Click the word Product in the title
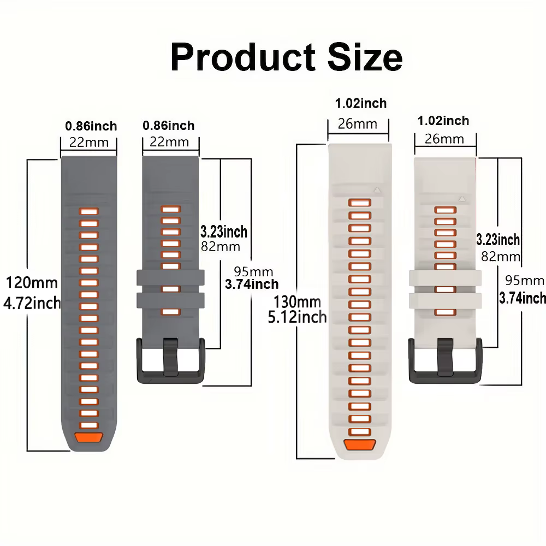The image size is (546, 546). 243,57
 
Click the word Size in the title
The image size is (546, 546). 365,57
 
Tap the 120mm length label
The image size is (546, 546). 32,282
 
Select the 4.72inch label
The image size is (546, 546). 32,303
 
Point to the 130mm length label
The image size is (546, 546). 297,301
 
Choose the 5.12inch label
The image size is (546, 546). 297,317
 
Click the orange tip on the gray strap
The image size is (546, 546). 89,437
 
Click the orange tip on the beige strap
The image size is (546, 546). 360,444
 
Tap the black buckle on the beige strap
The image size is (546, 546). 446,361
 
